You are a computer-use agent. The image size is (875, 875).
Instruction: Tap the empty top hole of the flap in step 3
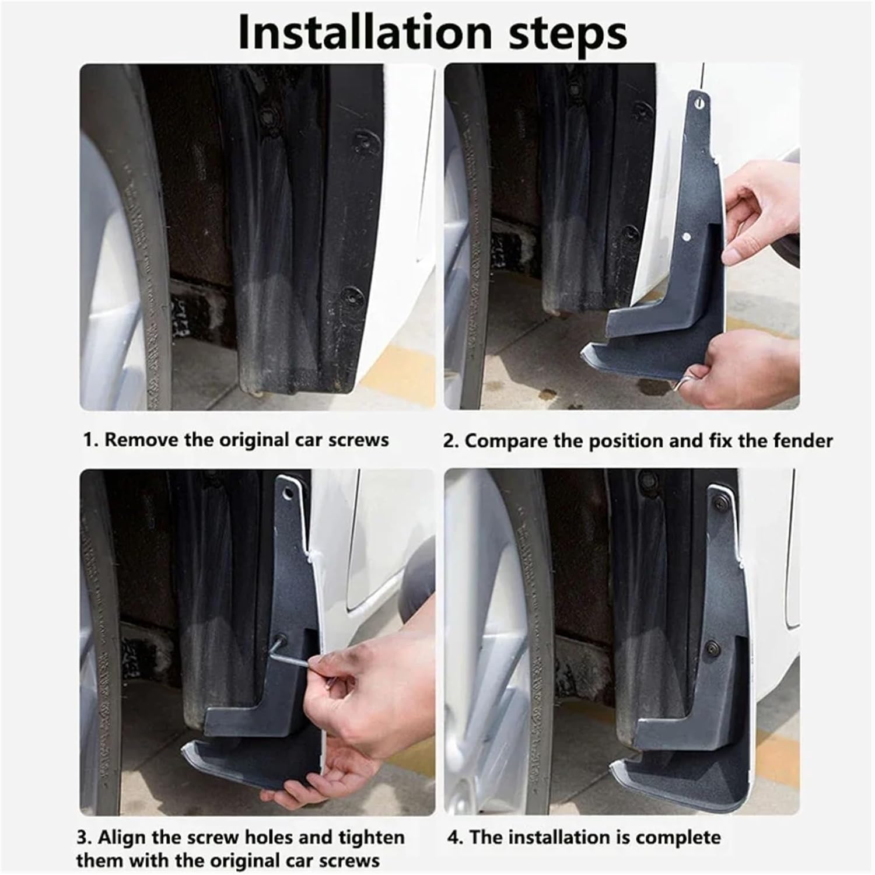(286, 493)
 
